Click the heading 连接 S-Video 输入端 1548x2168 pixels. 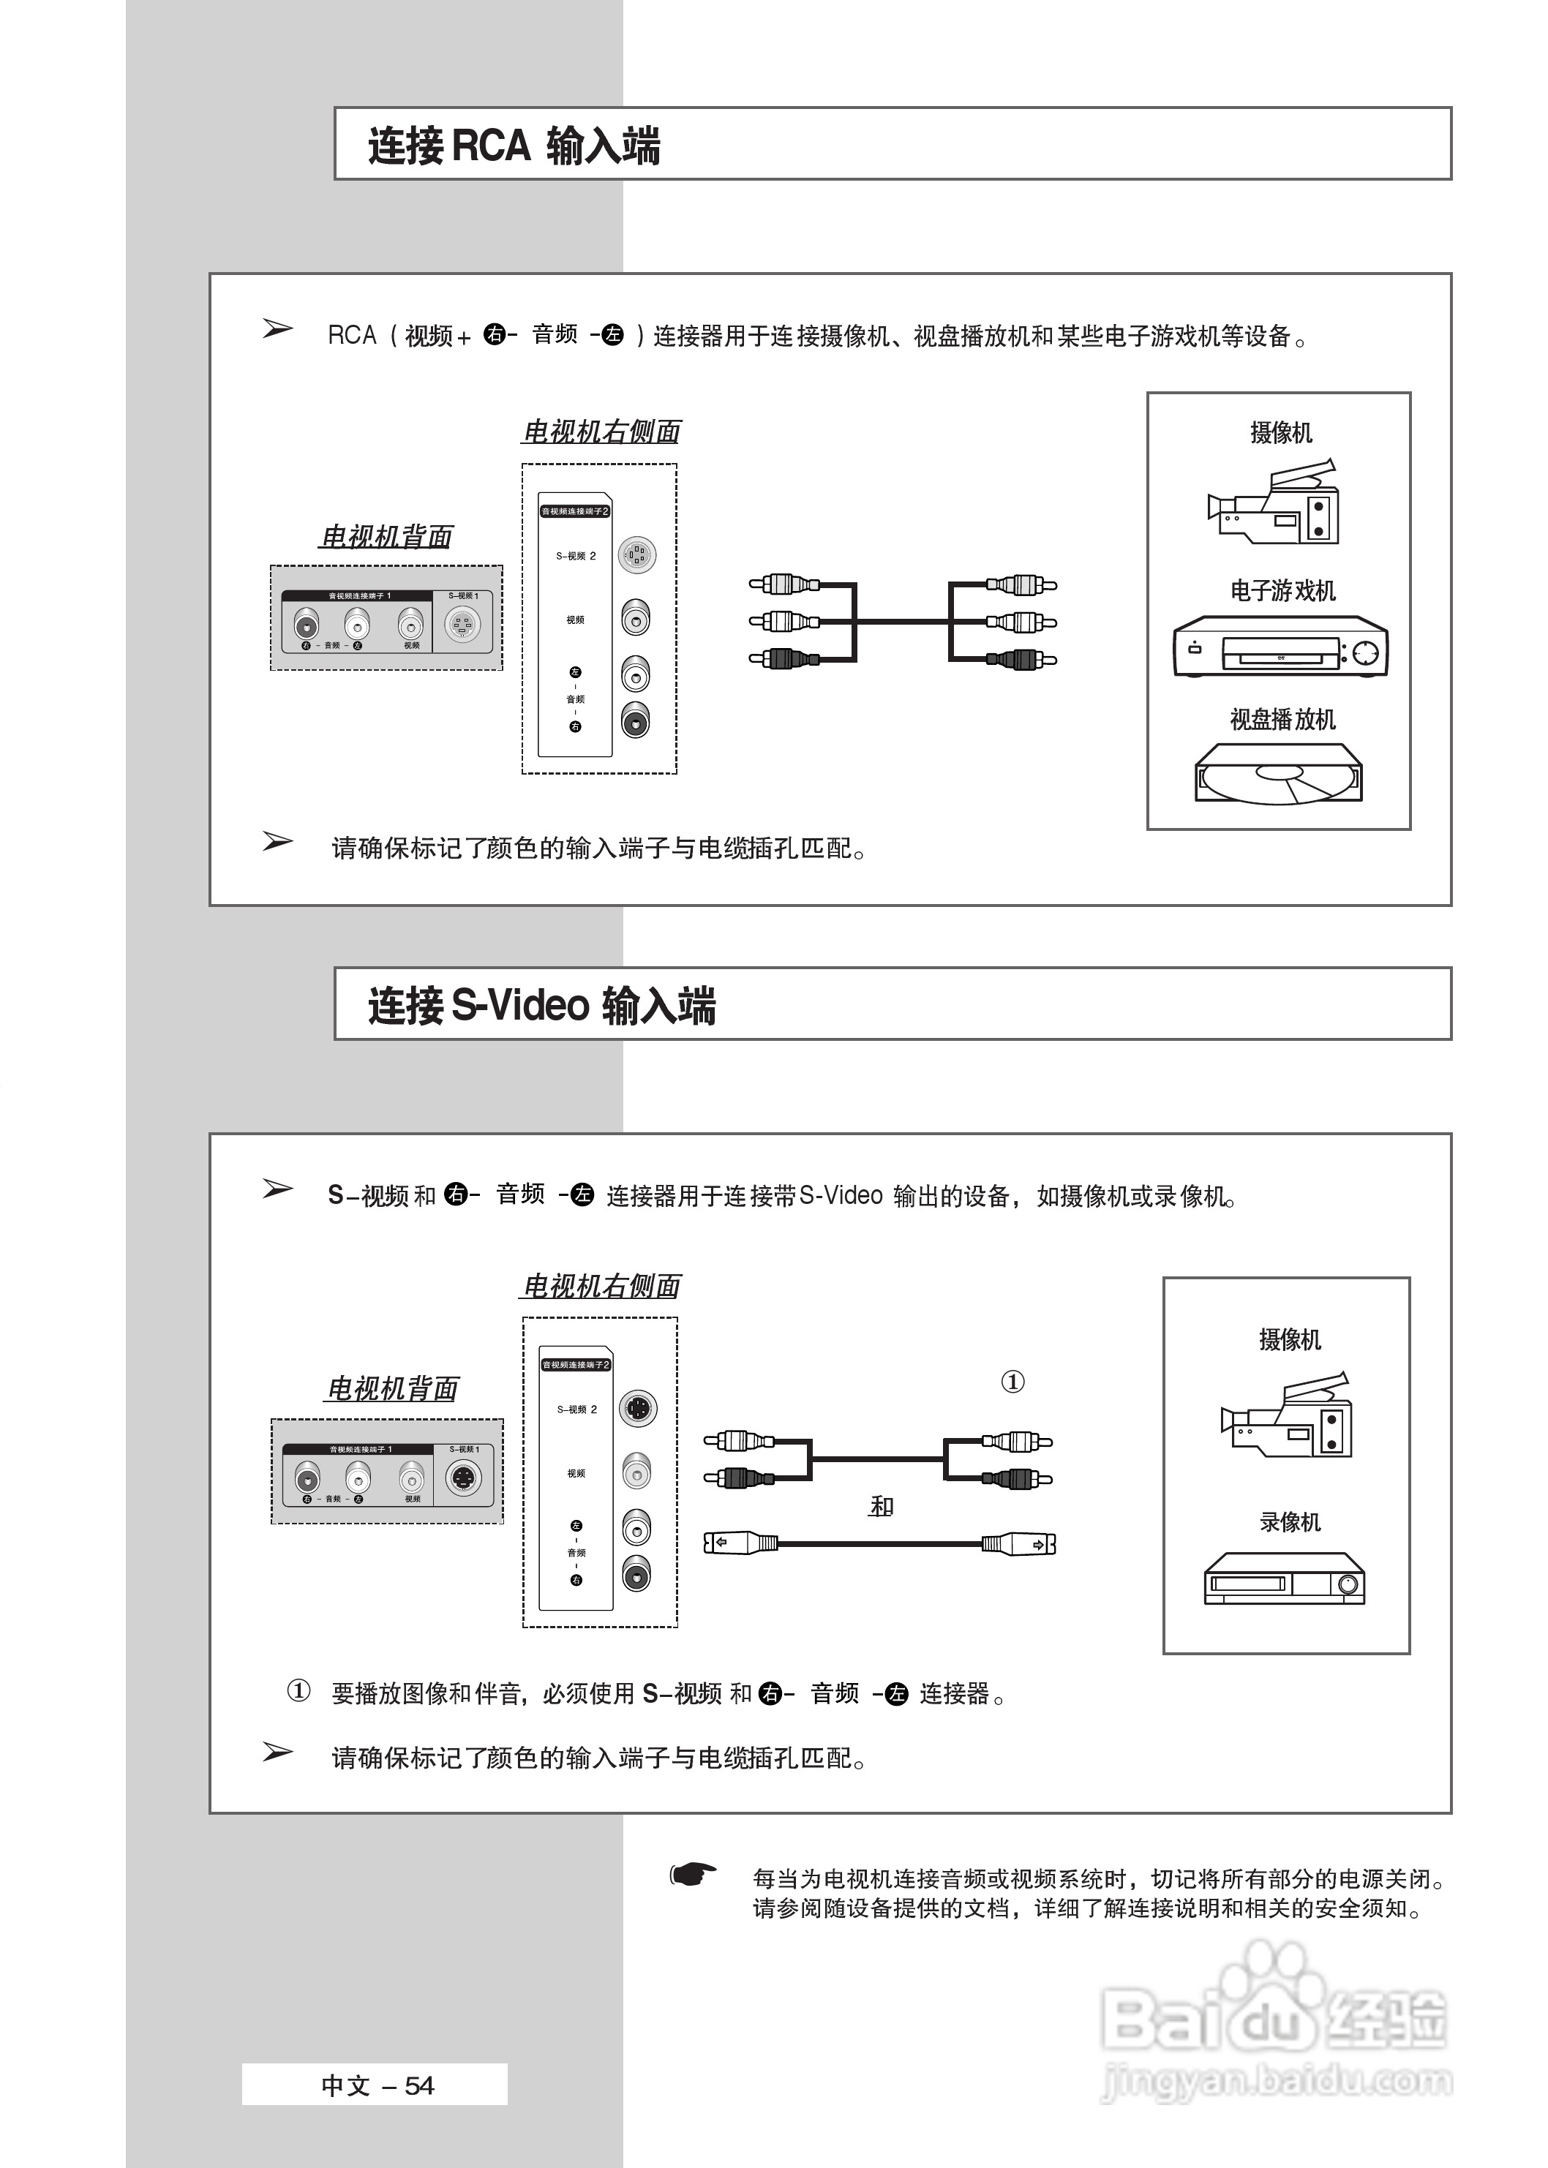(541, 1006)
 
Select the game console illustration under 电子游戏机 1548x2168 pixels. (1280, 648)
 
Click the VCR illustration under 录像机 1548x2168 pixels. (1284, 1578)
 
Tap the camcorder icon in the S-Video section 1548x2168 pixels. (1287, 1416)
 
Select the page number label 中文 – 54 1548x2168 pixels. (377, 2086)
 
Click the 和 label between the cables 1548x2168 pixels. (882, 1507)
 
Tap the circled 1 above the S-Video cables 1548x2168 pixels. (1012, 1382)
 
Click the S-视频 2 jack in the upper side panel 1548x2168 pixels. (636, 554)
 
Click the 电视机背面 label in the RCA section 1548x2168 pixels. (386, 537)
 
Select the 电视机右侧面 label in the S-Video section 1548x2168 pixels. (601, 1287)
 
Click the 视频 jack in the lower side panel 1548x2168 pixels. (636, 1472)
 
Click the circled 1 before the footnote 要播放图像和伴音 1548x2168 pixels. (298, 1692)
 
